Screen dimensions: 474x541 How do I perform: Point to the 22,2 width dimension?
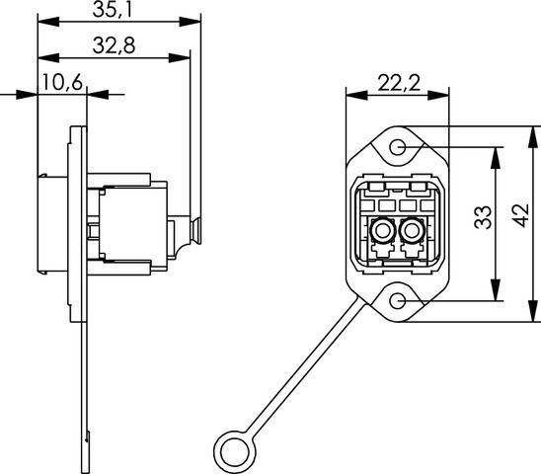396,83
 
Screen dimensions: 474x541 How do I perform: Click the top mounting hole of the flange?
398,147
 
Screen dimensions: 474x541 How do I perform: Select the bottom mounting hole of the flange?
398,300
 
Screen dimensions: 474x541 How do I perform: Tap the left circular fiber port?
379,235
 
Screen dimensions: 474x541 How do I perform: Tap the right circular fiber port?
414,235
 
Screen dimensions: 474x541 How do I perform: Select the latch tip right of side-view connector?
198,229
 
